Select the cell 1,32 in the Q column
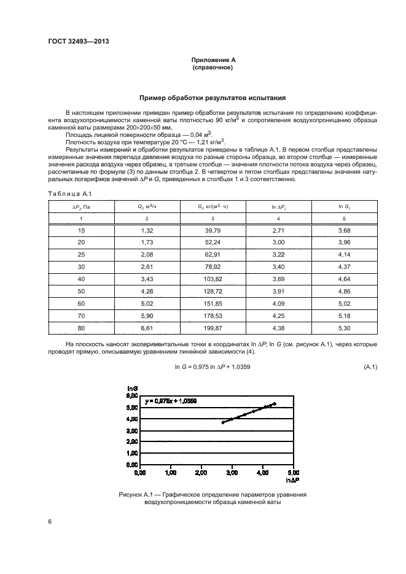(x=146, y=230)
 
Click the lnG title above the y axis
(x=131, y=388)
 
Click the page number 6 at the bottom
(x=50, y=522)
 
